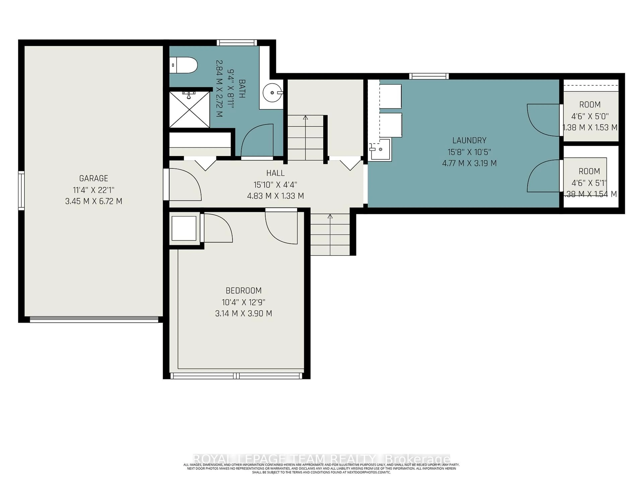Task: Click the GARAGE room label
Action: click(x=94, y=178)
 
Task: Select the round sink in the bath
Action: click(x=272, y=93)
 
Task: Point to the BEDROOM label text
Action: click(x=244, y=291)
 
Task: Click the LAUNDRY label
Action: click(x=469, y=140)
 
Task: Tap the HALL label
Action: click(x=275, y=173)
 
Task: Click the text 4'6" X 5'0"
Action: click(x=590, y=116)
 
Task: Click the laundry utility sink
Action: click(x=380, y=150)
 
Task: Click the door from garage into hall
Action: click(x=185, y=185)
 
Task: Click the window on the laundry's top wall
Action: click(x=429, y=76)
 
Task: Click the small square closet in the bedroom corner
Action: click(x=184, y=229)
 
